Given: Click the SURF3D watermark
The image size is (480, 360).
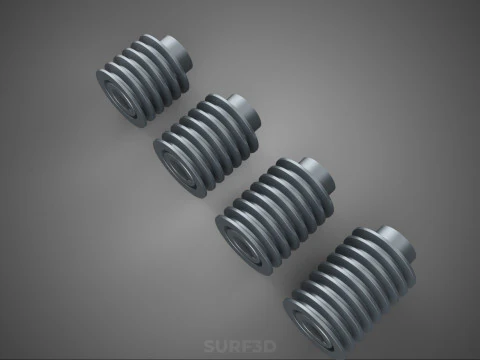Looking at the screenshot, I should point(239,347).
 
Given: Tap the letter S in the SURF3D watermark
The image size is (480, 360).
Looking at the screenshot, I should point(209,347).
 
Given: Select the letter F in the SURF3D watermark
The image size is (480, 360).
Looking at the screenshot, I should point(246,347).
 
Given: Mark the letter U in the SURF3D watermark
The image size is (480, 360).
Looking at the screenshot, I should point(221,347).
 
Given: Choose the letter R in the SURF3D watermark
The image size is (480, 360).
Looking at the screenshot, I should point(234,347).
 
